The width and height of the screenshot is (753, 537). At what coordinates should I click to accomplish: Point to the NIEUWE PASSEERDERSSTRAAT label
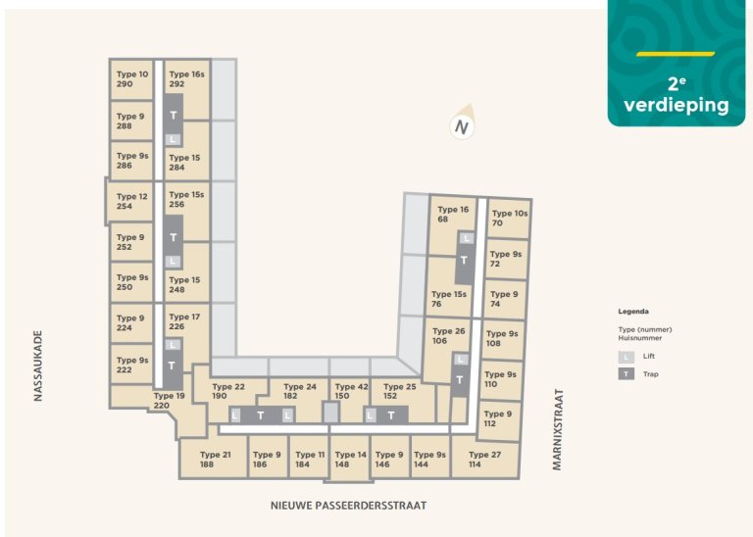pyautogui.click(x=349, y=506)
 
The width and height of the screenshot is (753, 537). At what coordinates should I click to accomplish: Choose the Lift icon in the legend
pyautogui.click(x=625, y=358)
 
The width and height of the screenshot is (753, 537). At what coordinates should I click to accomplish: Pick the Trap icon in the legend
pyautogui.click(x=625, y=374)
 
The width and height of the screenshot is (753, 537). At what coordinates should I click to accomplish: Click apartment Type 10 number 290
pyautogui.click(x=131, y=79)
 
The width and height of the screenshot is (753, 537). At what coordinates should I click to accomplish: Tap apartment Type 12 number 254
pyautogui.click(x=131, y=202)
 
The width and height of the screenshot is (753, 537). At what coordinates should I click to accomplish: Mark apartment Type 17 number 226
pyautogui.click(x=184, y=322)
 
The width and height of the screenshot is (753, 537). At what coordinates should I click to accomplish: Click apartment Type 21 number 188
pyautogui.click(x=215, y=460)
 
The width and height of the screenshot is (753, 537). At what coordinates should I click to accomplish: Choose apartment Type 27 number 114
pyautogui.click(x=484, y=460)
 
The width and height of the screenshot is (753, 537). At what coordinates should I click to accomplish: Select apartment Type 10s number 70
pyautogui.click(x=509, y=219)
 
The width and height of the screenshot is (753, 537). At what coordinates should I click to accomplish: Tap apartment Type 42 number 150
pyautogui.click(x=350, y=391)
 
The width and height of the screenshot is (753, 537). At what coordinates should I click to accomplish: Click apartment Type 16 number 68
pyautogui.click(x=452, y=215)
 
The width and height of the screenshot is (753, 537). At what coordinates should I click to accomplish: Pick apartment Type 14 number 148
pyautogui.click(x=350, y=460)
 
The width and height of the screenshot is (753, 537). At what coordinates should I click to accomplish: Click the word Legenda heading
pyautogui.click(x=633, y=311)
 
